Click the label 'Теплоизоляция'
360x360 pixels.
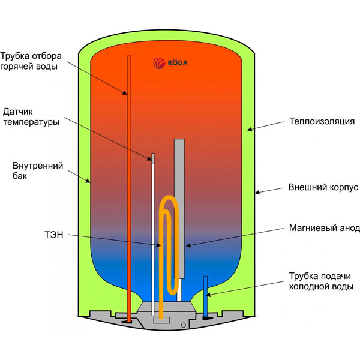pos(322,121)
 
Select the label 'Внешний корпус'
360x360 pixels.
pos(323,187)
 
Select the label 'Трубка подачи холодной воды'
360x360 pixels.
pos(319,281)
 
